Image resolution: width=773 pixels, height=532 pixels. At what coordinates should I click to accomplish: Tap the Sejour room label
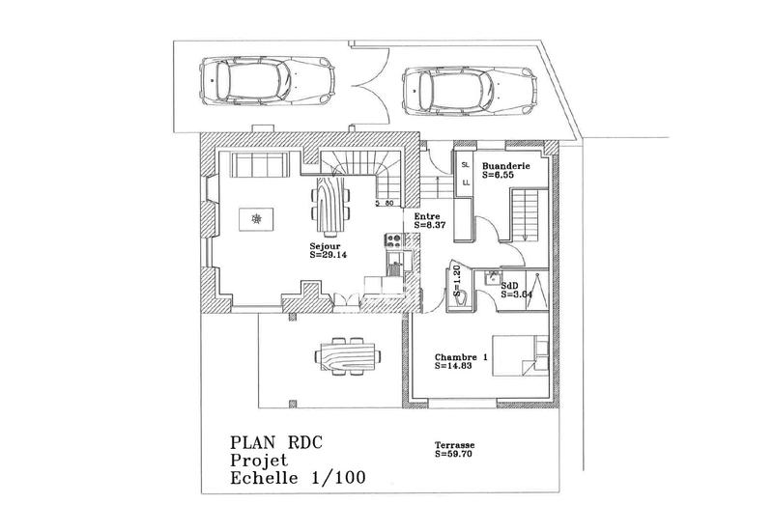[325, 247]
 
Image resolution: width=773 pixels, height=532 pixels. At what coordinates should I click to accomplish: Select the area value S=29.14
[329, 257]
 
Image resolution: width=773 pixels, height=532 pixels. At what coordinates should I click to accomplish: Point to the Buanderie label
[507, 166]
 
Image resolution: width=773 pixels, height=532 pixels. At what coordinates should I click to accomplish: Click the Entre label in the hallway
[427, 216]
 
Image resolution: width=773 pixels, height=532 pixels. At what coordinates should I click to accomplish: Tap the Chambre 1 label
[461, 358]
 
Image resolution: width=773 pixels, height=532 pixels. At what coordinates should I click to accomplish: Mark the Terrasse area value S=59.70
[454, 452]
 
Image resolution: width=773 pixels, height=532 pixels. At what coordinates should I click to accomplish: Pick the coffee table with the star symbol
[256, 219]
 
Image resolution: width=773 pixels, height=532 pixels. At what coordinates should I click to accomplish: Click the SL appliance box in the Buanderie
[465, 165]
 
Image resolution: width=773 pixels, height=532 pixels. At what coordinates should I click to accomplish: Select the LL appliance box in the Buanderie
[465, 182]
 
